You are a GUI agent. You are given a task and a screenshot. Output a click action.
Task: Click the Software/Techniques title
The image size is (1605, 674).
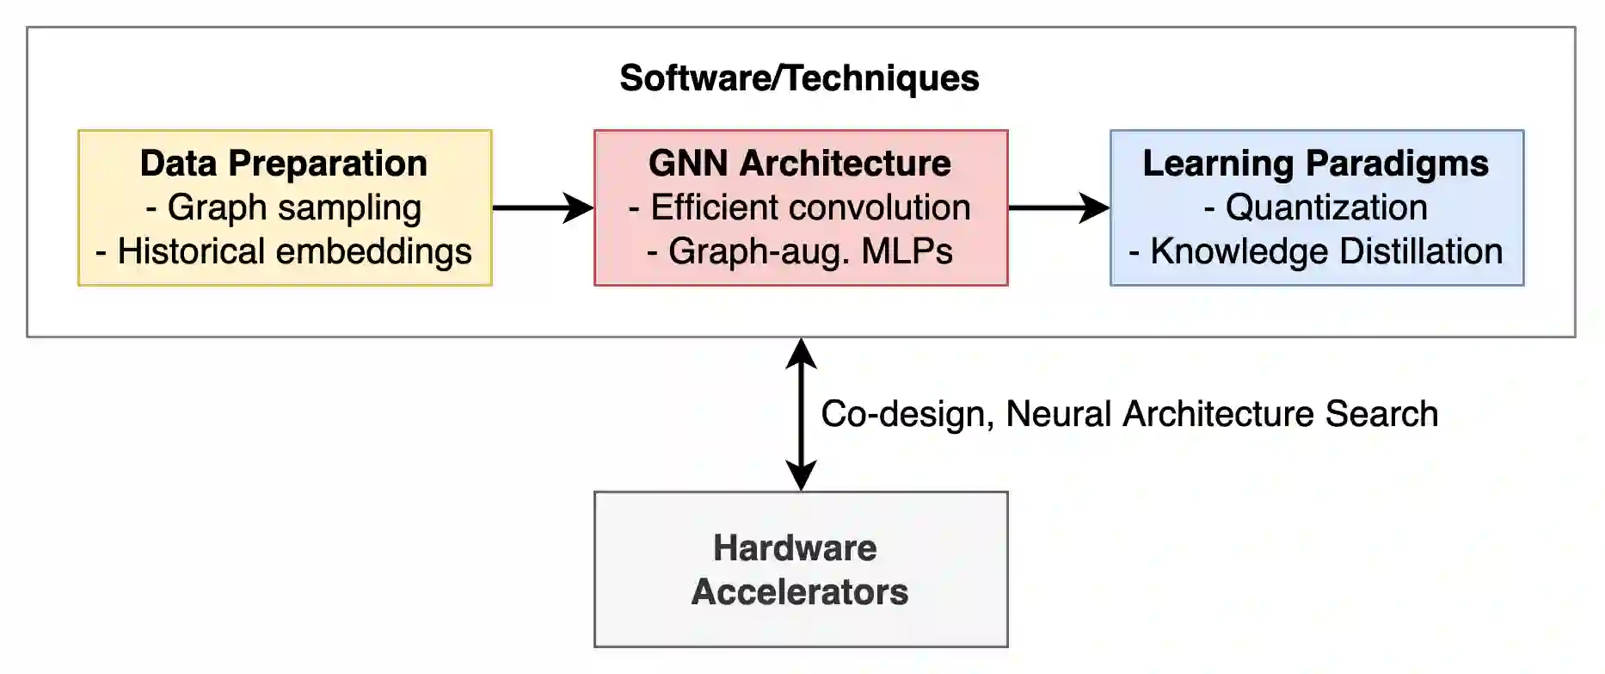(799, 78)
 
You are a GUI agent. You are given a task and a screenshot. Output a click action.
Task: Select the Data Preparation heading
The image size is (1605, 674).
(284, 164)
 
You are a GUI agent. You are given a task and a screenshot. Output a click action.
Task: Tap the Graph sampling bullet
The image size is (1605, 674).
(284, 207)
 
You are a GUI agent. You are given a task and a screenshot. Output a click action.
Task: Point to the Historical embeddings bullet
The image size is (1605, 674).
(284, 251)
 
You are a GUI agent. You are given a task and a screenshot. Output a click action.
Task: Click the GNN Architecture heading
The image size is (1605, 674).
(800, 164)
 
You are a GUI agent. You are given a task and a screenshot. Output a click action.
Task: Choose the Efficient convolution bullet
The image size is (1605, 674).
(800, 207)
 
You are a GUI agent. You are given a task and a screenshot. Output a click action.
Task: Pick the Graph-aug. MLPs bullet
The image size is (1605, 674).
(800, 251)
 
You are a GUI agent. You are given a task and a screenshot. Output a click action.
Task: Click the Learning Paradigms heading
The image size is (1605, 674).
(1316, 164)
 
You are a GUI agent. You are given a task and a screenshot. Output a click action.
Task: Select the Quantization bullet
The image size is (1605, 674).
(1316, 207)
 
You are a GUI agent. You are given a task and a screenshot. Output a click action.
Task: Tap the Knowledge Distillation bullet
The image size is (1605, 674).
(1316, 251)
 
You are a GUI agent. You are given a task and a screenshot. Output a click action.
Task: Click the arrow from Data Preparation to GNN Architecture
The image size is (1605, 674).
(542, 207)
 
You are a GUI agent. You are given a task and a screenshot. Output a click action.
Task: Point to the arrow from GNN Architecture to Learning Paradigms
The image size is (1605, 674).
(1058, 207)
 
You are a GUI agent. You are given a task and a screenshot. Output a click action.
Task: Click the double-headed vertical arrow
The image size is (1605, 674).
(801, 414)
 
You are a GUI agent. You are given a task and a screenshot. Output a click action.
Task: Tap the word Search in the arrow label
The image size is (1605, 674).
(1381, 414)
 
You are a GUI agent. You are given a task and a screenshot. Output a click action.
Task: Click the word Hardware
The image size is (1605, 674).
(795, 548)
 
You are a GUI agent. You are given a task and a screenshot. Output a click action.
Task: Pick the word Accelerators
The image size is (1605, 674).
(800, 592)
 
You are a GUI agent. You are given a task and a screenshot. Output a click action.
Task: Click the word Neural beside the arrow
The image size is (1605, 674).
(1059, 414)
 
